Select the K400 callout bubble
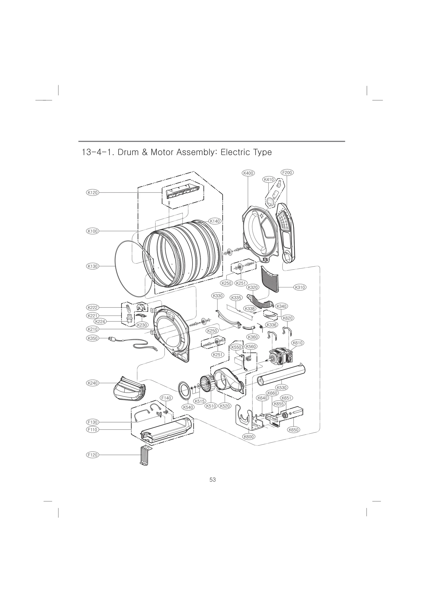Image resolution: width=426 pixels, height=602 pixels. [248, 173]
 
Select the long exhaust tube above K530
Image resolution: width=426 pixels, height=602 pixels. [281, 375]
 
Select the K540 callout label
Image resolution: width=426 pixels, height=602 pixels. [188, 415]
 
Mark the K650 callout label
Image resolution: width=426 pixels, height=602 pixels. [293, 430]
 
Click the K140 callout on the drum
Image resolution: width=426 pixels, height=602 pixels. [215, 221]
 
